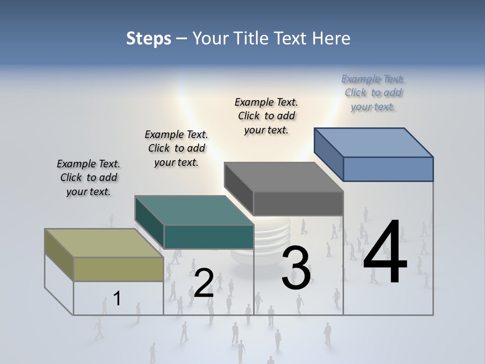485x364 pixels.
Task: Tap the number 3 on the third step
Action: [296, 268]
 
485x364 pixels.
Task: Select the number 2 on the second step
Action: [204, 283]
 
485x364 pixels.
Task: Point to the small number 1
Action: [117, 298]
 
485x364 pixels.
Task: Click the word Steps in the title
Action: [149, 38]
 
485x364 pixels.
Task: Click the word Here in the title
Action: [331, 38]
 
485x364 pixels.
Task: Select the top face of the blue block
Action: [374, 142]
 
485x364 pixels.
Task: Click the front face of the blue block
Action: [388, 169]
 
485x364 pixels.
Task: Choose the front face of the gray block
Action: [298, 204]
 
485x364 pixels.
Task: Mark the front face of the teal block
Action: [209, 237]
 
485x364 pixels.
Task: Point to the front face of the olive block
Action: [119, 269]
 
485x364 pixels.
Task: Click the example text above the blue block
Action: [373, 93]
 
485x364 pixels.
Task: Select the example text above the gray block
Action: [266, 116]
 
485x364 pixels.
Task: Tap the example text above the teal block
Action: [176, 148]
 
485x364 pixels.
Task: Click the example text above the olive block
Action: [88, 177]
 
